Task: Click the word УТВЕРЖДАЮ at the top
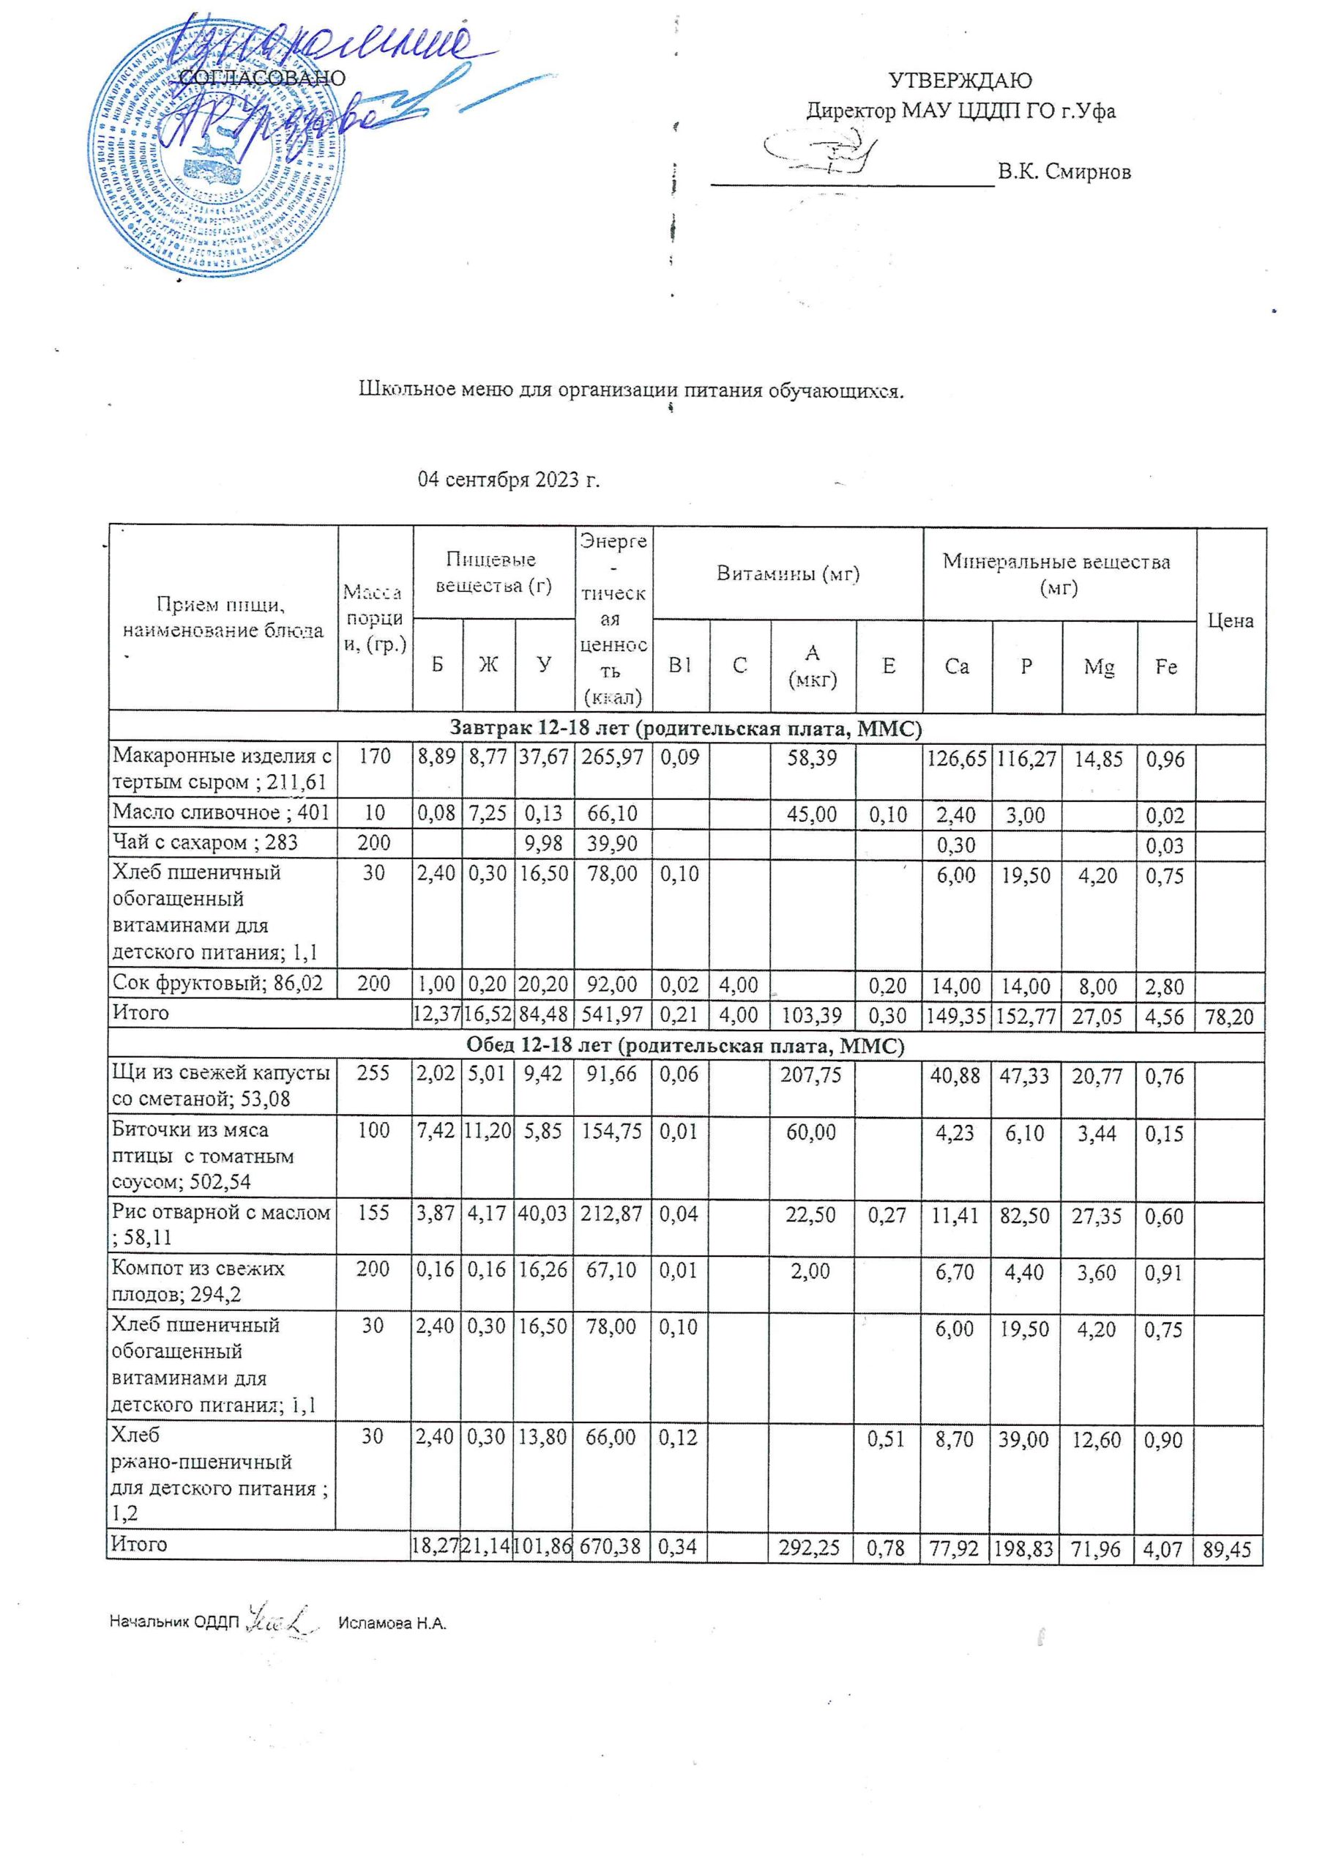click(959, 81)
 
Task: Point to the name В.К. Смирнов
click(1064, 171)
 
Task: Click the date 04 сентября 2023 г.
click(510, 479)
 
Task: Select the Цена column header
click(1230, 620)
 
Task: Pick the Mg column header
click(1099, 667)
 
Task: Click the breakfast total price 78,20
click(1230, 1017)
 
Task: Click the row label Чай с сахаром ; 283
click(205, 843)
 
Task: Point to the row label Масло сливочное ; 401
click(220, 812)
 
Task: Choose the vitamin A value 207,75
click(812, 1075)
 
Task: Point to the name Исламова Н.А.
click(392, 1622)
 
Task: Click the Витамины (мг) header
click(788, 573)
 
